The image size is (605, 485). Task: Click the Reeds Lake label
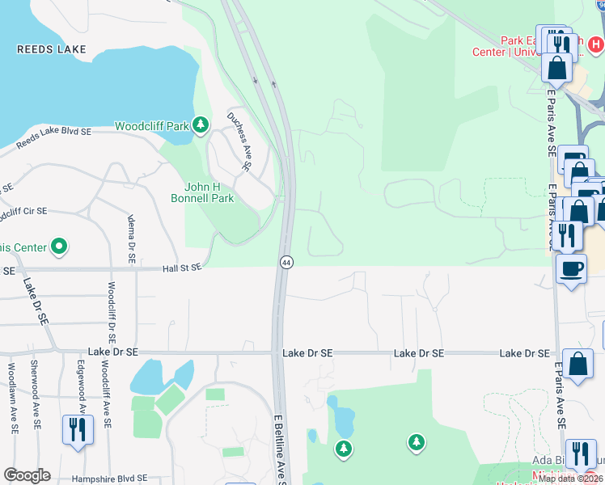click(x=52, y=49)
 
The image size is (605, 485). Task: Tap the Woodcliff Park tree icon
click(x=201, y=125)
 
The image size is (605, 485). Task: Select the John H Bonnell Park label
click(x=202, y=192)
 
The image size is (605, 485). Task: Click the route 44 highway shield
click(x=286, y=262)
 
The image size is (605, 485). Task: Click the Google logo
click(x=27, y=475)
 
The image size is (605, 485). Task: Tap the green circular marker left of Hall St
click(x=59, y=246)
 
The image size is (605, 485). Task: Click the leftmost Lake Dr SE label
click(x=113, y=352)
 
